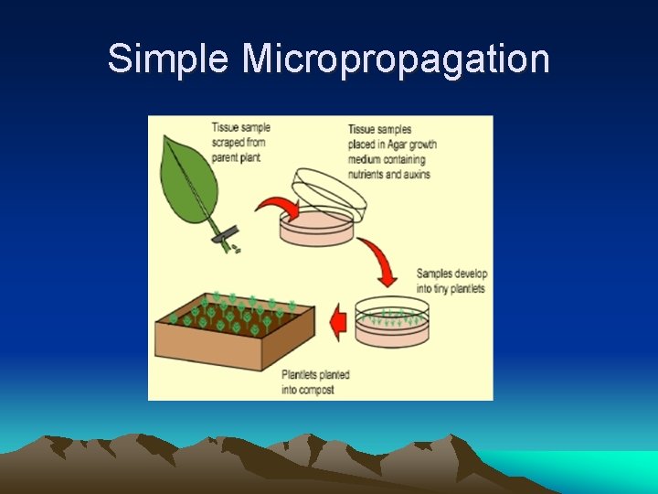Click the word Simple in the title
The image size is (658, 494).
point(167,59)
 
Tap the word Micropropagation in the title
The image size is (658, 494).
point(396,59)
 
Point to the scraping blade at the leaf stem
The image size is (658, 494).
point(223,237)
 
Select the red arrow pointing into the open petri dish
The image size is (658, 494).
point(277,209)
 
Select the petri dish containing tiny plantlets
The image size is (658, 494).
point(391,321)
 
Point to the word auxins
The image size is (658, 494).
point(413,174)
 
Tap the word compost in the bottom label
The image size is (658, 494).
point(315,390)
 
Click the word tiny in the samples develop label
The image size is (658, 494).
point(437,289)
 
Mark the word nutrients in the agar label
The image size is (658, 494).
point(367,174)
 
